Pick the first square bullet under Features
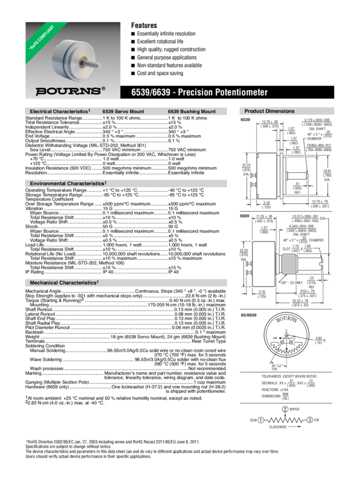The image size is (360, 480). [x=134, y=34]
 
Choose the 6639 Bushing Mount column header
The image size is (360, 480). [x=191, y=112]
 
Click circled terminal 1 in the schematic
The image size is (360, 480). [x=261, y=420]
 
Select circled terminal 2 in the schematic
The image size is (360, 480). [x=286, y=408]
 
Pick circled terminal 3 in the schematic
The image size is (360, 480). [x=309, y=420]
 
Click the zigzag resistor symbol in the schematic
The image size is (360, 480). [x=285, y=420]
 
